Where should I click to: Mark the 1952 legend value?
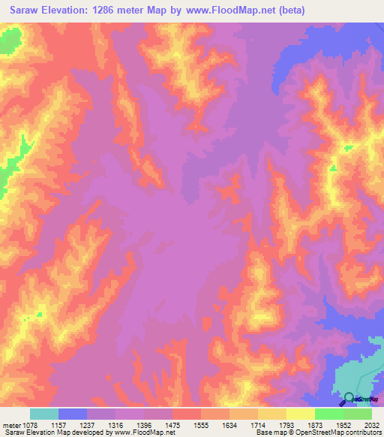tap(345, 425)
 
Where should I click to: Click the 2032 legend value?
tap(373, 425)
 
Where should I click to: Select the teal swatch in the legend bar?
tap(44, 414)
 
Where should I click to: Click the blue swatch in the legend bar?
tap(73, 414)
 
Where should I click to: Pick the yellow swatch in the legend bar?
tap(301, 414)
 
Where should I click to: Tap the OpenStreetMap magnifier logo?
tap(349, 399)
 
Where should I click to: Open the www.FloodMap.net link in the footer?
tap(142, 432)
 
